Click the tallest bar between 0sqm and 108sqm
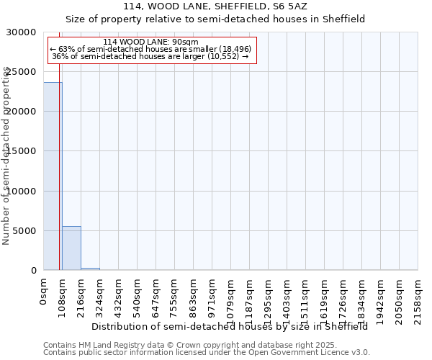(53, 176)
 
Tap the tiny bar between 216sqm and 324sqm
(90, 269)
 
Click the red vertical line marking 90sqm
(59, 180)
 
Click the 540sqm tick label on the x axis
(138, 296)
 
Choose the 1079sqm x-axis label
(231, 299)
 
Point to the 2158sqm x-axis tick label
(418, 299)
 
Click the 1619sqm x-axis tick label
(325, 299)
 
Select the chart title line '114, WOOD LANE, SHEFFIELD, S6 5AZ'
(215, 6)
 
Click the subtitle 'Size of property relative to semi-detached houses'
(215, 19)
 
